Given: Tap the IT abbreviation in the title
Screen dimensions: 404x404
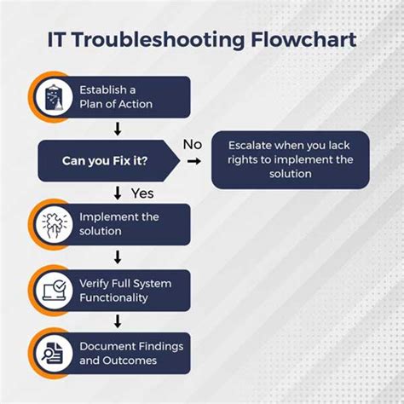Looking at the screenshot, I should coord(59,40).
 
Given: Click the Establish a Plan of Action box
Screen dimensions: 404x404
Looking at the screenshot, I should coord(128,96).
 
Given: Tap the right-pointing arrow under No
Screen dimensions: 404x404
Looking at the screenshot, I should coord(193,160).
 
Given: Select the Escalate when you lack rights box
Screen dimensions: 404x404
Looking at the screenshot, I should coord(291,159).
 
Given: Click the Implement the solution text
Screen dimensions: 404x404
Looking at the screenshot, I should coord(119,224).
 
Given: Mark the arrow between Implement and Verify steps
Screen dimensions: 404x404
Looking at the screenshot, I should coord(118,257).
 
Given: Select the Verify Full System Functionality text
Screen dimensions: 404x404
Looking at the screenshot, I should coord(125,290).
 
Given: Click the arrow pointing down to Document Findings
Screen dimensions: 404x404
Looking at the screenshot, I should coord(118,321).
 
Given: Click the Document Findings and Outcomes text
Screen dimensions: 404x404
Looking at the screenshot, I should coord(130,353).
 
